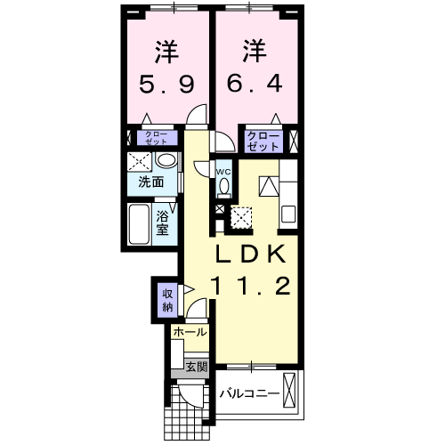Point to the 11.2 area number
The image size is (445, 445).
point(252,287)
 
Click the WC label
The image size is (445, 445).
point(223,171)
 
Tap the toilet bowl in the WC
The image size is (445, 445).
point(223,185)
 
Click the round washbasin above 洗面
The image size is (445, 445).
point(165,161)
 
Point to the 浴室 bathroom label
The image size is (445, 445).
point(164,222)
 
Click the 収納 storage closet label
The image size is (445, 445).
point(166,300)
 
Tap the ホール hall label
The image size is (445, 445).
point(190,332)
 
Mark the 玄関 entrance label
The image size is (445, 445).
point(196,366)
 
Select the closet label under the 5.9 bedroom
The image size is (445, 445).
point(156,138)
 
